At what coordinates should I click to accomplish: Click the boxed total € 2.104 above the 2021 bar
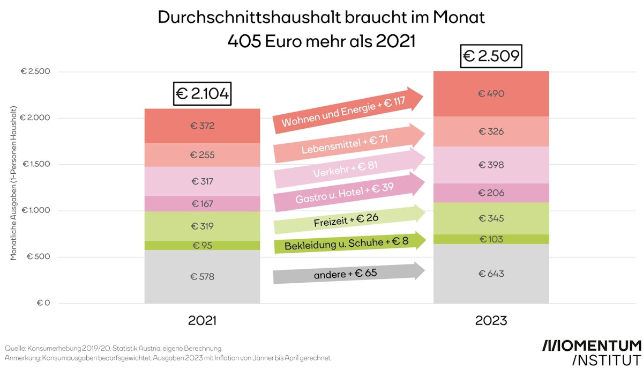click(x=202, y=94)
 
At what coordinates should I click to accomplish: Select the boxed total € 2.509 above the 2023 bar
click(x=491, y=56)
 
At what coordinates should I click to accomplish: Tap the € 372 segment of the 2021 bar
click(x=202, y=126)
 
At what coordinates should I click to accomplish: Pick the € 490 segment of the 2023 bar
click(x=491, y=94)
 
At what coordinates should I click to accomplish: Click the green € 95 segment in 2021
click(x=202, y=245)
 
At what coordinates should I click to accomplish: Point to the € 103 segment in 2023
click(x=491, y=239)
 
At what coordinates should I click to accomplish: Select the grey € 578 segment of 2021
click(x=202, y=277)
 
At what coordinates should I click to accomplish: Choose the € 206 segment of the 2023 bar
click(x=491, y=193)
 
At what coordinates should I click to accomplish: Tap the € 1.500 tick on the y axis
click(x=35, y=164)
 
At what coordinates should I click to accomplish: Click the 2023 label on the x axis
click(x=491, y=321)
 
